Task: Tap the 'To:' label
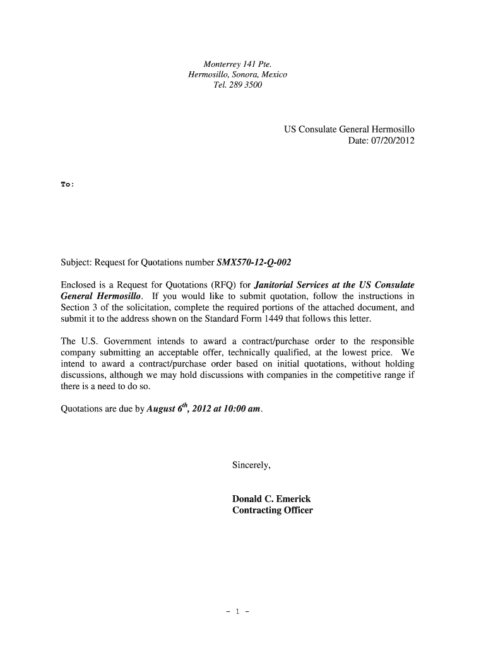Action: tap(67, 184)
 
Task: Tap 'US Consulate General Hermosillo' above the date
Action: tap(349, 129)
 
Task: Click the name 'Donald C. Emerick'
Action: tap(271, 499)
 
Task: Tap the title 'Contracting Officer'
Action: tap(272, 510)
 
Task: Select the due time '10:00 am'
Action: tap(240, 409)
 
